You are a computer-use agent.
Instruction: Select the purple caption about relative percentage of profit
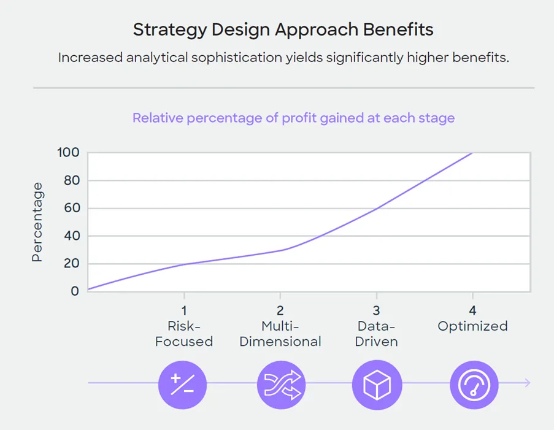[293, 118]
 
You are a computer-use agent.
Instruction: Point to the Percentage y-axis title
[37, 222]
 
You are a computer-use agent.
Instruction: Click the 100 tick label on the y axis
[68, 153]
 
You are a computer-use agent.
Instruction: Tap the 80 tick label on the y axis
[71, 180]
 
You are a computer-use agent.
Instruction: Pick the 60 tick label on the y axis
[71, 208]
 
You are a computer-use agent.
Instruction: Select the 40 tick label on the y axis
[71, 236]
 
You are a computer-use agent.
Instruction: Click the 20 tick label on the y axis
[71, 264]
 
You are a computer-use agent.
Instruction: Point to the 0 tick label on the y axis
[75, 291]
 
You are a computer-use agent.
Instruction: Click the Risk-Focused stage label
[184, 334]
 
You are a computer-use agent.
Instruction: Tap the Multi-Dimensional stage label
[280, 334]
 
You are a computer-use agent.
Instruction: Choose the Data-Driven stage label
[377, 334]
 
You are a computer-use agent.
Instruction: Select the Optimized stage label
[472, 326]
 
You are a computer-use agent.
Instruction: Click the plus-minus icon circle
[183, 384]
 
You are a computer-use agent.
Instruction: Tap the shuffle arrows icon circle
[281, 384]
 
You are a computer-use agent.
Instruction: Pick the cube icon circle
[377, 384]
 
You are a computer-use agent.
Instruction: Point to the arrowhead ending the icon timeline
[527, 383]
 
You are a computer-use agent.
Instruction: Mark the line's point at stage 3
[377, 208]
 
